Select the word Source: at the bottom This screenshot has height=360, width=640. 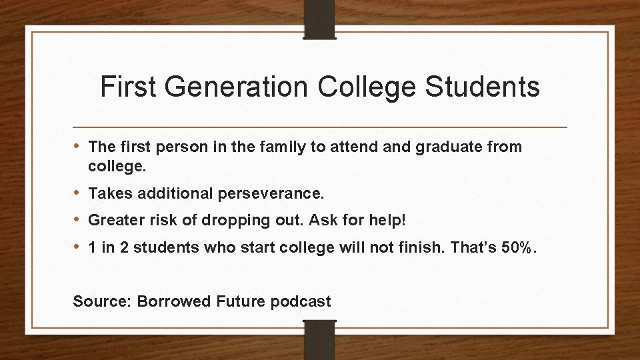102,301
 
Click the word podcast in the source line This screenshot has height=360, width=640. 301,301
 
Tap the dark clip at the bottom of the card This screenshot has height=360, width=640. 320,340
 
